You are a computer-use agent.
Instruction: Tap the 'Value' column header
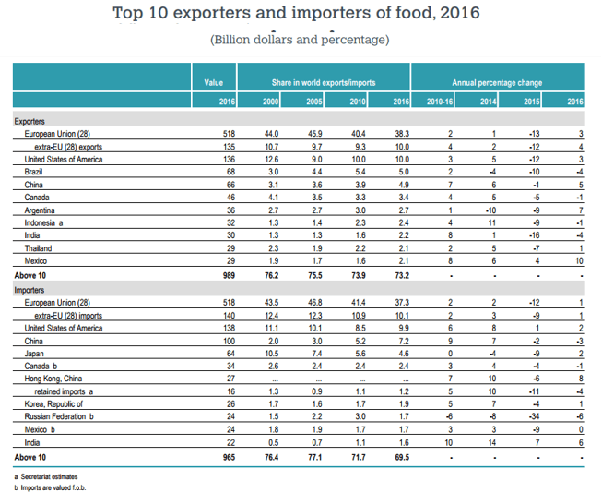pyautogui.click(x=214, y=83)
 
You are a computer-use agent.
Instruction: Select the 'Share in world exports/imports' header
pyautogui.click(x=324, y=83)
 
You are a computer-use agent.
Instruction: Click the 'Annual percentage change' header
pyautogui.click(x=497, y=83)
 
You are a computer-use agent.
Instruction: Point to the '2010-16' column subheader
pyautogui.click(x=440, y=102)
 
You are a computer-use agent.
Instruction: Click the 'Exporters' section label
pyautogui.click(x=30, y=122)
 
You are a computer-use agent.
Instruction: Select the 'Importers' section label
pyautogui.click(x=30, y=290)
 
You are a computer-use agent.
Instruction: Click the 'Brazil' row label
pyautogui.click(x=33, y=172)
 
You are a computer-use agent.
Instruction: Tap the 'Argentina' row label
pyautogui.click(x=40, y=210)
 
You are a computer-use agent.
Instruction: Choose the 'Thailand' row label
pyautogui.click(x=38, y=248)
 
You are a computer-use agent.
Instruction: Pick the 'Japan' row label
pyautogui.click(x=34, y=354)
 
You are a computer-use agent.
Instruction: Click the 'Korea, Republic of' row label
pyautogui.click(x=53, y=403)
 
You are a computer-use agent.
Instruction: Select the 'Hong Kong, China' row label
pyautogui.click(x=53, y=379)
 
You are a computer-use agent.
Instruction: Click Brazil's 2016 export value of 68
pyautogui.click(x=230, y=172)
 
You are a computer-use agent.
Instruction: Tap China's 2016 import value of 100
pyautogui.click(x=229, y=341)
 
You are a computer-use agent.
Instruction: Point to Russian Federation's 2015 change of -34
pyautogui.click(x=534, y=416)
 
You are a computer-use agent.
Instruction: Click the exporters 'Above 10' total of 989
pyautogui.click(x=229, y=275)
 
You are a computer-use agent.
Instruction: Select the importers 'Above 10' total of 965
pyautogui.click(x=229, y=457)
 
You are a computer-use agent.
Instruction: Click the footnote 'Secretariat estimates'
pyautogui.click(x=49, y=477)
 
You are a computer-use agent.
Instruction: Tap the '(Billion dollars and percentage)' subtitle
pyautogui.click(x=300, y=40)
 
